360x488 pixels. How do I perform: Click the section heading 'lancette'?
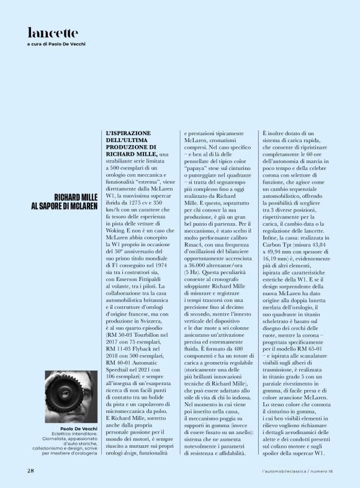click(x=53, y=33)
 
